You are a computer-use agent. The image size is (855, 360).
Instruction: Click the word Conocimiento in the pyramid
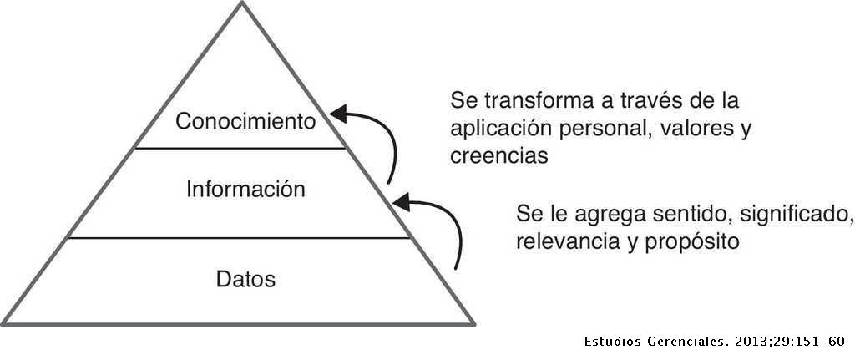(x=245, y=122)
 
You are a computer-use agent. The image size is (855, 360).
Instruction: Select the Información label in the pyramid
(x=245, y=190)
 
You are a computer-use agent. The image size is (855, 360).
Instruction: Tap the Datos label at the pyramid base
(x=246, y=279)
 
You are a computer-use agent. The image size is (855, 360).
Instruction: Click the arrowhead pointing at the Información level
(x=402, y=202)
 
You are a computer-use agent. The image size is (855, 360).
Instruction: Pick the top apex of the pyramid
(x=242, y=2)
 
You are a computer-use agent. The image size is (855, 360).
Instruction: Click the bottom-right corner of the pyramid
(x=474, y=324)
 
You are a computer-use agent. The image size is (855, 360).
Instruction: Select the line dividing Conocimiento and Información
(x=240, y=148)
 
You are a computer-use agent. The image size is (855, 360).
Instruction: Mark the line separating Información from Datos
(x=239, y=238)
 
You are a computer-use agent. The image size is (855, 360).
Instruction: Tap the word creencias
(x=499, y=156)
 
